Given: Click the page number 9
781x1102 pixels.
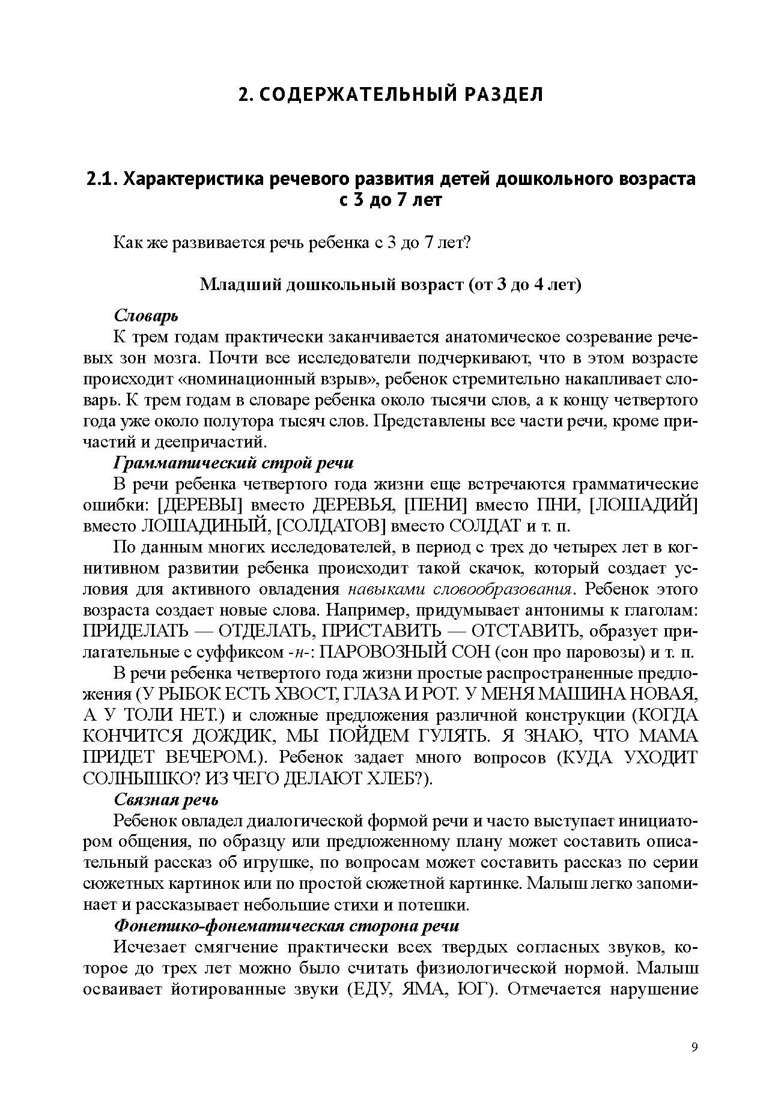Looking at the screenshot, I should pyautogui.click(x=694, y=1047).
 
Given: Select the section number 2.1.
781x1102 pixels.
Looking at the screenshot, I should pyautogui.click(x=102, y=179).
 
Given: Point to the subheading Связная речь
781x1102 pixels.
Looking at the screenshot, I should pyautogui.click(x=166, y=799).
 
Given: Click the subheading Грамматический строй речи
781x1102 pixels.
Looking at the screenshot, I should pyautogui.click(x=234, y=463).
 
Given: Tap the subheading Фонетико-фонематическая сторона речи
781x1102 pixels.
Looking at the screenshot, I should pyautogui.click(x=287, y=925).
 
